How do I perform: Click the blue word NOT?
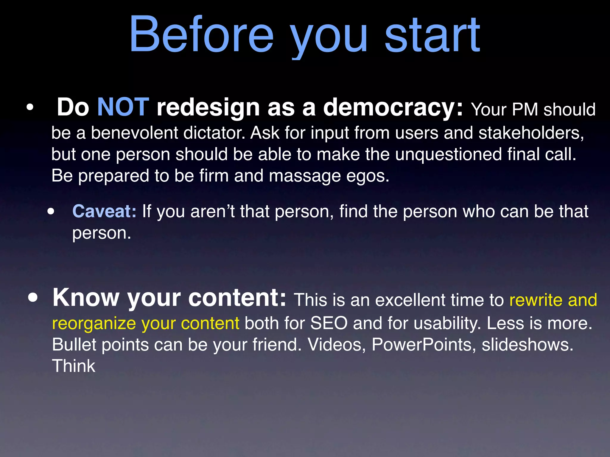(x=123, y=107)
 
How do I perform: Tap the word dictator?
(x=214, y=133)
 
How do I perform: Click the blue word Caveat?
(x=104, y=211)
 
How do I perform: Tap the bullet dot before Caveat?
(x=51, y=212)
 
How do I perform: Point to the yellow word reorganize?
(x=94, y=324)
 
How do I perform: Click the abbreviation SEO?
(x=329, y=323)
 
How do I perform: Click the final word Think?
(x=74, y=366)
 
